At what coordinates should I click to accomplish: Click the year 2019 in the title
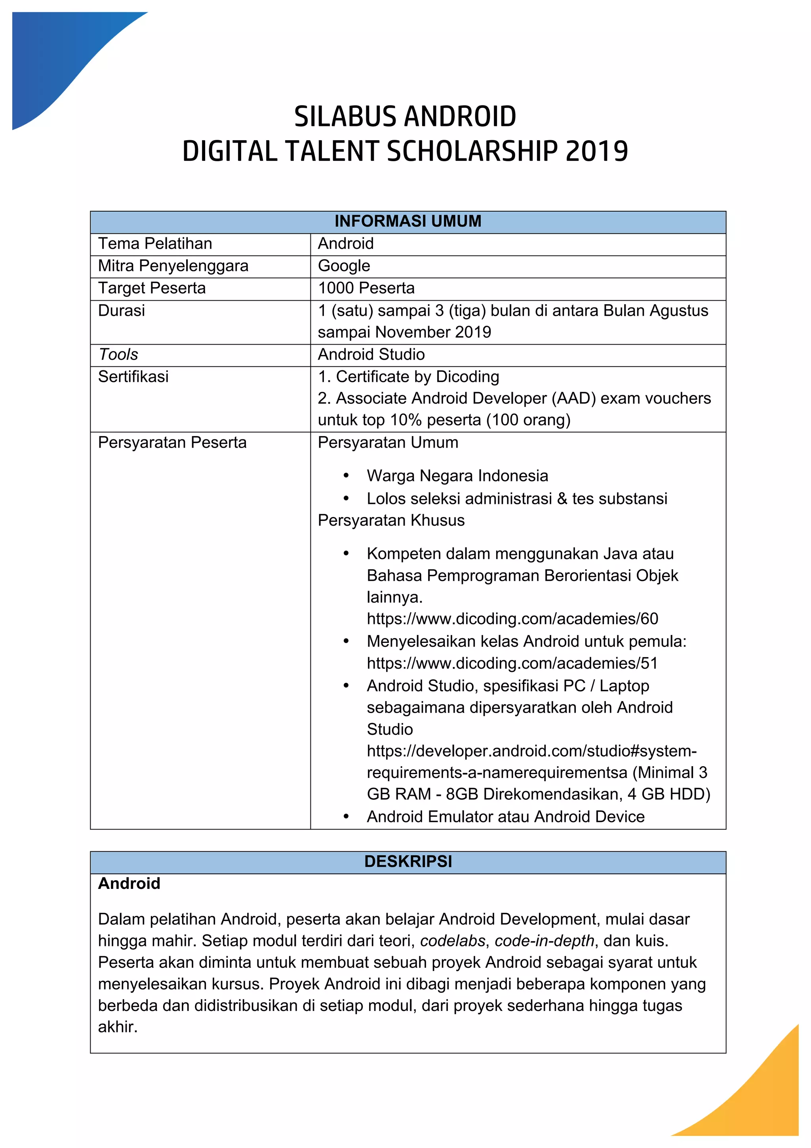pos(597,151)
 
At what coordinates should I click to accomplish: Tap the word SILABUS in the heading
pos(346,116)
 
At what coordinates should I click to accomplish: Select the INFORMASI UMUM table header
pos(408,221)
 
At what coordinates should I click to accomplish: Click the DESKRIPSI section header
pos(408,861)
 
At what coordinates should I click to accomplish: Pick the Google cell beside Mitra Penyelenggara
pos(344,266)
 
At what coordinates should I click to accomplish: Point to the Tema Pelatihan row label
pos(155,244)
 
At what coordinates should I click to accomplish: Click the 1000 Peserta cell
pos(366,288)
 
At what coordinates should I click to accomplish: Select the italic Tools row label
pos(118,355)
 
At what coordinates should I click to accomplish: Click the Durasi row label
pos(122,311)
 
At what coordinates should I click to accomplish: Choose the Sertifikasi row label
pos(133,376)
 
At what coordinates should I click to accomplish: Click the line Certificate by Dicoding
pos(408,376)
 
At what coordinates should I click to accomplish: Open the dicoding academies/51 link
pos(512,663)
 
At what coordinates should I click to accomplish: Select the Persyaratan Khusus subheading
pos(391,520)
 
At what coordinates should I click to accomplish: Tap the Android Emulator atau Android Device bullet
pos(505,816)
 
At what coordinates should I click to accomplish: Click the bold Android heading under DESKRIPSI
pos(129,883)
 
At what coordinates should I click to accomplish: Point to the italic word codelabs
pos(452,941)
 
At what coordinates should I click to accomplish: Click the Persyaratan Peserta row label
pos(172,442)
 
